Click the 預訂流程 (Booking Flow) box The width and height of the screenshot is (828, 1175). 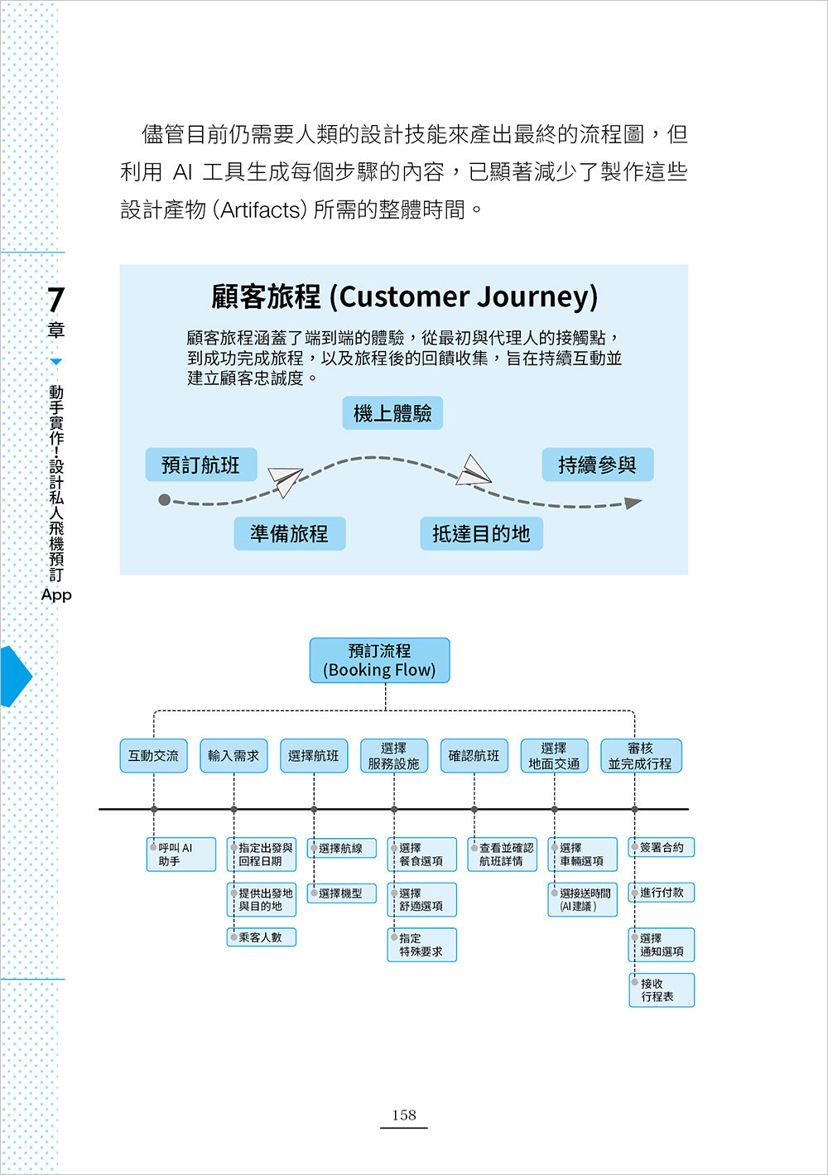(x=379, y=660)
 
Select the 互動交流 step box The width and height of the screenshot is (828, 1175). (x=153, y=755)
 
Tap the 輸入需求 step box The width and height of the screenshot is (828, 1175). (x=233, y=755)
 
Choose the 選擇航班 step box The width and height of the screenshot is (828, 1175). (x=313, y=755)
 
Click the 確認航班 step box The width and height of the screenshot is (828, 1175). (x=474, y=755)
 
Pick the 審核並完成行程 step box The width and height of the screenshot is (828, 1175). (x=640, y=755)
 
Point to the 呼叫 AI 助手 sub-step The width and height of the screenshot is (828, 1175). (x=181, y=855)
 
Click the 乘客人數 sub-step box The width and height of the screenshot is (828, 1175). (x=261, y=937)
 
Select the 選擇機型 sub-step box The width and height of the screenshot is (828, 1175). (x=341, y=893)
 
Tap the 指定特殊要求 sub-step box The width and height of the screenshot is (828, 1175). (x=421, y=945)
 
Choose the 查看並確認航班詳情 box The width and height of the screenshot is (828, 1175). (x=502, y=855)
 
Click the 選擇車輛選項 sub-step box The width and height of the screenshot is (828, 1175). (x=582, y=855)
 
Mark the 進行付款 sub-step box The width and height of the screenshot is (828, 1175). (x=662, y=893)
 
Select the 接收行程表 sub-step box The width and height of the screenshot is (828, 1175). (x=662, y=990)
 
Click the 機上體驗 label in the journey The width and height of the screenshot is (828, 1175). (x=392, y=413)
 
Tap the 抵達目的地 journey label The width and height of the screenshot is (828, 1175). (x=481, y=534)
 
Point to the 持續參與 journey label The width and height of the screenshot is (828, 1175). (x=597, y=465)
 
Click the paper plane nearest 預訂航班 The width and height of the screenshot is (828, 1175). (x=285, y=481)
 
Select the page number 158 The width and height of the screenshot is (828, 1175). (x=404, y=1115)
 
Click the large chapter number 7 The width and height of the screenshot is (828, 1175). (x=55, y=300)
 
